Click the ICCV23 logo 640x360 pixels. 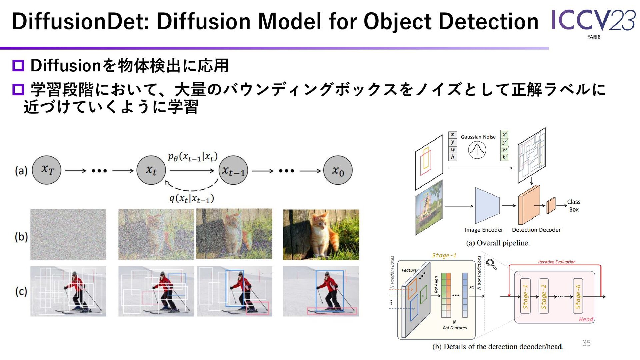click(593, 22)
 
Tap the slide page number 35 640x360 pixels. click(586, 343)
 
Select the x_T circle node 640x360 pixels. click(47, 170)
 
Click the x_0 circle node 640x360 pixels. click(338, 170)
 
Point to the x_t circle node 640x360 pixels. click(151, 170)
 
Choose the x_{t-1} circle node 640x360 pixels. click(233, 170)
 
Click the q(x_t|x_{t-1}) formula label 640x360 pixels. click(192, 199)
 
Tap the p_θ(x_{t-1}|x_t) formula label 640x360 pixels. click(193, 156)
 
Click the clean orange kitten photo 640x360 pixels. click(321, 234)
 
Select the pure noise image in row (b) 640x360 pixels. click(68, 234)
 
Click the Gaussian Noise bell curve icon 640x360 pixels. click(477, 150)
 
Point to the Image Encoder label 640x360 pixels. click(484, 230)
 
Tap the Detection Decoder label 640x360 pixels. click(536, 230)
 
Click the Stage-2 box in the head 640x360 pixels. click(543, 296)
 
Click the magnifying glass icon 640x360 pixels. click(491, 264)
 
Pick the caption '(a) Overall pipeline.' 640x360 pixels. click(498, 243)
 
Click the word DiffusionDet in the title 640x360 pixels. click(80, 21)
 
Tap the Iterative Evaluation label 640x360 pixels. click(557, 262)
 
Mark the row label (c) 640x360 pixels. click(21, 291)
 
